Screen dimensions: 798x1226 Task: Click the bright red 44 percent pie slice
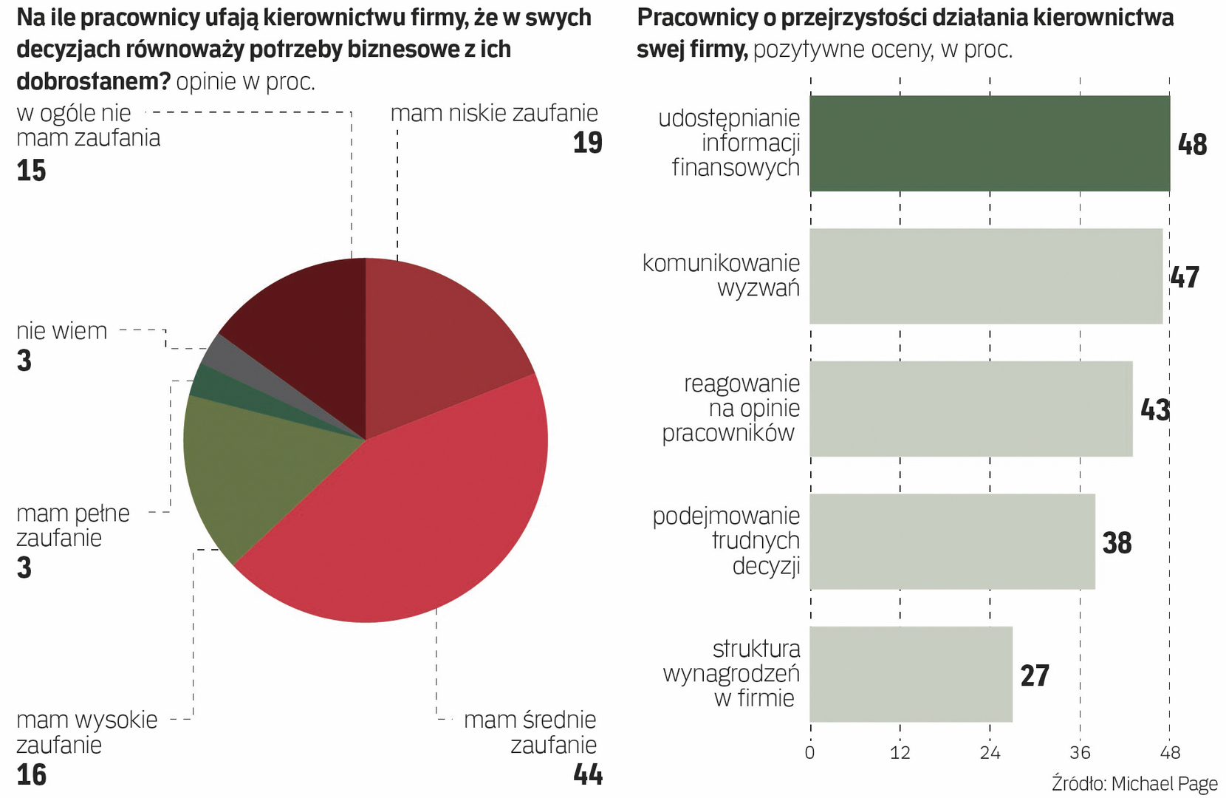[414, 517]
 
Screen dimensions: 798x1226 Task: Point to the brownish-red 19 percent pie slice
[436, 340]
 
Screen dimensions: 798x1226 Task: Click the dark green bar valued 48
[990, 143]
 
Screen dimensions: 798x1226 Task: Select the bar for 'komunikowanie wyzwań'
[986, 276]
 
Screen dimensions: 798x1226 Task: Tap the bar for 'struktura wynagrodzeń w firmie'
[911, 674]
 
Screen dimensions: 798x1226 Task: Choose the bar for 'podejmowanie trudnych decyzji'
[952, 542]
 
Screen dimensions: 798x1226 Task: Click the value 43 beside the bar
[1154, 409]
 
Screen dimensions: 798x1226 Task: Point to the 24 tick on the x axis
[990, 753]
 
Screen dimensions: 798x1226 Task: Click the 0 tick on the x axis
[810, 753]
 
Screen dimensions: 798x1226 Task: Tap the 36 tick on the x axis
[1080, 753]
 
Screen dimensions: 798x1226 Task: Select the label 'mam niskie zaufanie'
[494, 113]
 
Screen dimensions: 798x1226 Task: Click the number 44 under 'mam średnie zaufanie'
[588, 774]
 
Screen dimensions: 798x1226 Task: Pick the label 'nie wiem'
[62, 330]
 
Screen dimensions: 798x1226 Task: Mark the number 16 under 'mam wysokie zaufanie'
[32, 774]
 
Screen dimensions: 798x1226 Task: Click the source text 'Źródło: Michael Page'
[1135, 783]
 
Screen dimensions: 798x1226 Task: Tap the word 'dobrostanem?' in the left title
[93, 81]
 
